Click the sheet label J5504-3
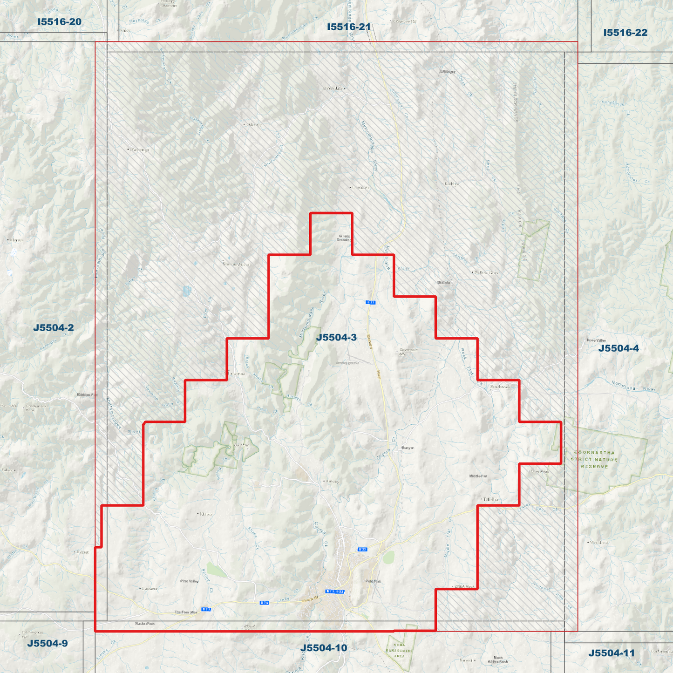pyautogui.click(x=336, y=338)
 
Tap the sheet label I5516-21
pyautogui.click(x=348, y=27)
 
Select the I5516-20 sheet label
pyautogui.click(x=59, y=22)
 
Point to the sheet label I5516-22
pyautogui.click(x=625, y=33)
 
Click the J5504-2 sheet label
pyautogui.click(x=53, y=328)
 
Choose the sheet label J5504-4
pyautogui.click(x=619, y=348)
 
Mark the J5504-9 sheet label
pyautogui.click(x=47, y=644)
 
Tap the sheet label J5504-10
pyautogui.click(x=323, y=648)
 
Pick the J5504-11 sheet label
pyautogui.click(x=611, y=653)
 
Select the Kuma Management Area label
pyautogui.click(x=399, y=651)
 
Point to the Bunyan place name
pyautogui.click(x=408, y=448)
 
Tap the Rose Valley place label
pyautogui.click(x=597, y=340)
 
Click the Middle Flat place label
pyautogui.click(x=478, y=476)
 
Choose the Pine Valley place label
pyautogui.click(x=189, y=581)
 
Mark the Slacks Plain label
pyautogui.click(x=144, y=624)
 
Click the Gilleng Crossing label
pyautogui.click(x=344, y=238)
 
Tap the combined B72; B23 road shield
pyautogui.click(x=335, y=591)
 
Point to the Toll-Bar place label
pyautogui.click(x=490, y=499)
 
